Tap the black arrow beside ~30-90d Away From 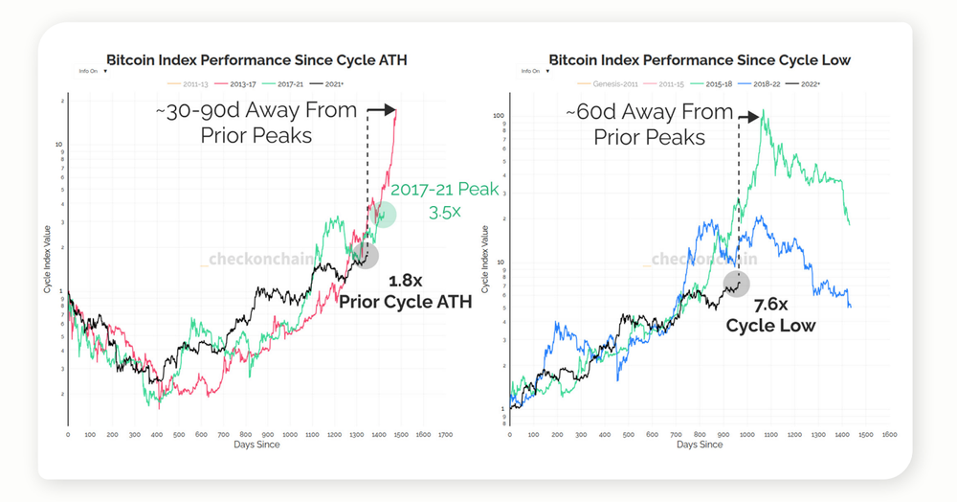click(380, 111)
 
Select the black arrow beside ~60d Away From click(752, 112)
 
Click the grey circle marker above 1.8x click(365, 254)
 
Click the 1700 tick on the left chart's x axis click(444, 434)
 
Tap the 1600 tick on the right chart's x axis click(889, 434)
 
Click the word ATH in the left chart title click(393, 59)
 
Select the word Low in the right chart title click(836, 59)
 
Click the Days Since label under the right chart click(699, 445)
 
